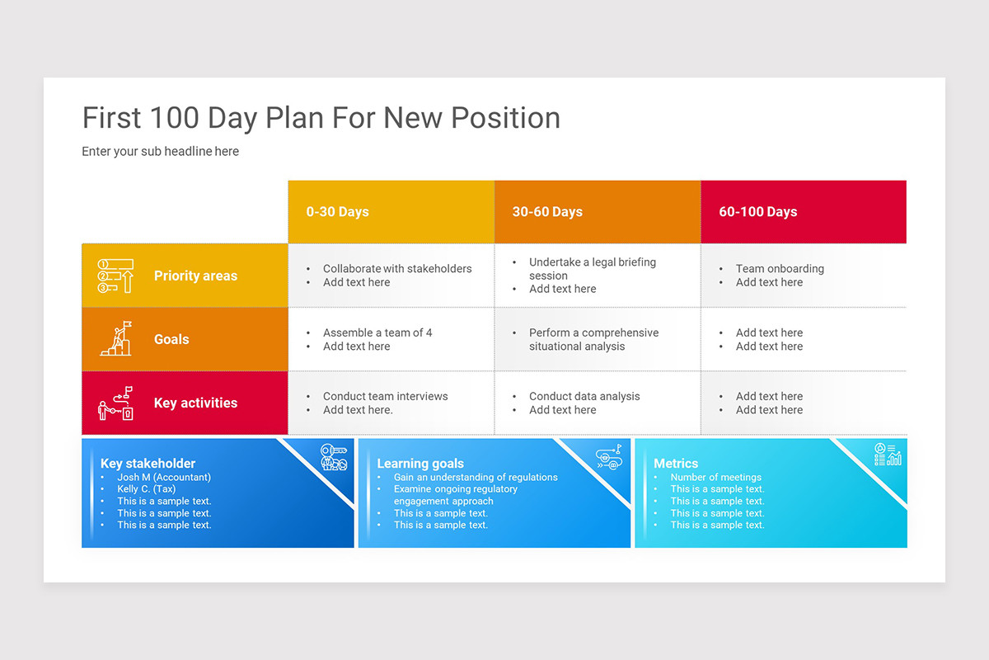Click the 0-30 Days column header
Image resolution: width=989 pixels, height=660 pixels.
(x=337, y=212)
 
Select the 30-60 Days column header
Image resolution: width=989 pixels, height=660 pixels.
(x=547, y=212)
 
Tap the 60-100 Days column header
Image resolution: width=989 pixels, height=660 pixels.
(x=757, y=212)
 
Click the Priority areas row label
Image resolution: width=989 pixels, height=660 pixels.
(x=195, y=276)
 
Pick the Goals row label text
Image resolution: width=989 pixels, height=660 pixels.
(x=171, y=339)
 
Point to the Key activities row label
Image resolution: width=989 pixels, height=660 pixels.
(x=195, y=403)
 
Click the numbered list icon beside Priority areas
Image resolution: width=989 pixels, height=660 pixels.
(x=115, y=276)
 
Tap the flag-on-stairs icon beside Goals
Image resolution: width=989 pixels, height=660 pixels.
(x=115, y=339)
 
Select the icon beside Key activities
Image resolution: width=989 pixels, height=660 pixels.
(x=115, y=403)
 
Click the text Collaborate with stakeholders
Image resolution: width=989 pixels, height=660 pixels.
(x=397, y=269)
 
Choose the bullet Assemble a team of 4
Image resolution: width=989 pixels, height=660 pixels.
(x=377, y=332)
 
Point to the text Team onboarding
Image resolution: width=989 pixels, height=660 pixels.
(x=780, y=269)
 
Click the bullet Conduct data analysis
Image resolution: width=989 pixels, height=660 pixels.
(x=584, y=396)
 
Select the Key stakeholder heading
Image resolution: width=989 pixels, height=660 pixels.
(x=148, y=464)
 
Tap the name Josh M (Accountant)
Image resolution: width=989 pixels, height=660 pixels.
(x=164, y=477)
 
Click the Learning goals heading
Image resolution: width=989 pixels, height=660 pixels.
(x=420, y=464)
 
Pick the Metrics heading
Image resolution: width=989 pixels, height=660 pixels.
(x=676, y=464)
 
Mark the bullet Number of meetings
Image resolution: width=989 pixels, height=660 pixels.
(x=715, y=477)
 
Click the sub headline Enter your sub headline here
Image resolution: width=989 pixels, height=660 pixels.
(x=160, y=152)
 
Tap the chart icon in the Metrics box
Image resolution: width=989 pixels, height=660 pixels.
(x=888, y=455)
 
